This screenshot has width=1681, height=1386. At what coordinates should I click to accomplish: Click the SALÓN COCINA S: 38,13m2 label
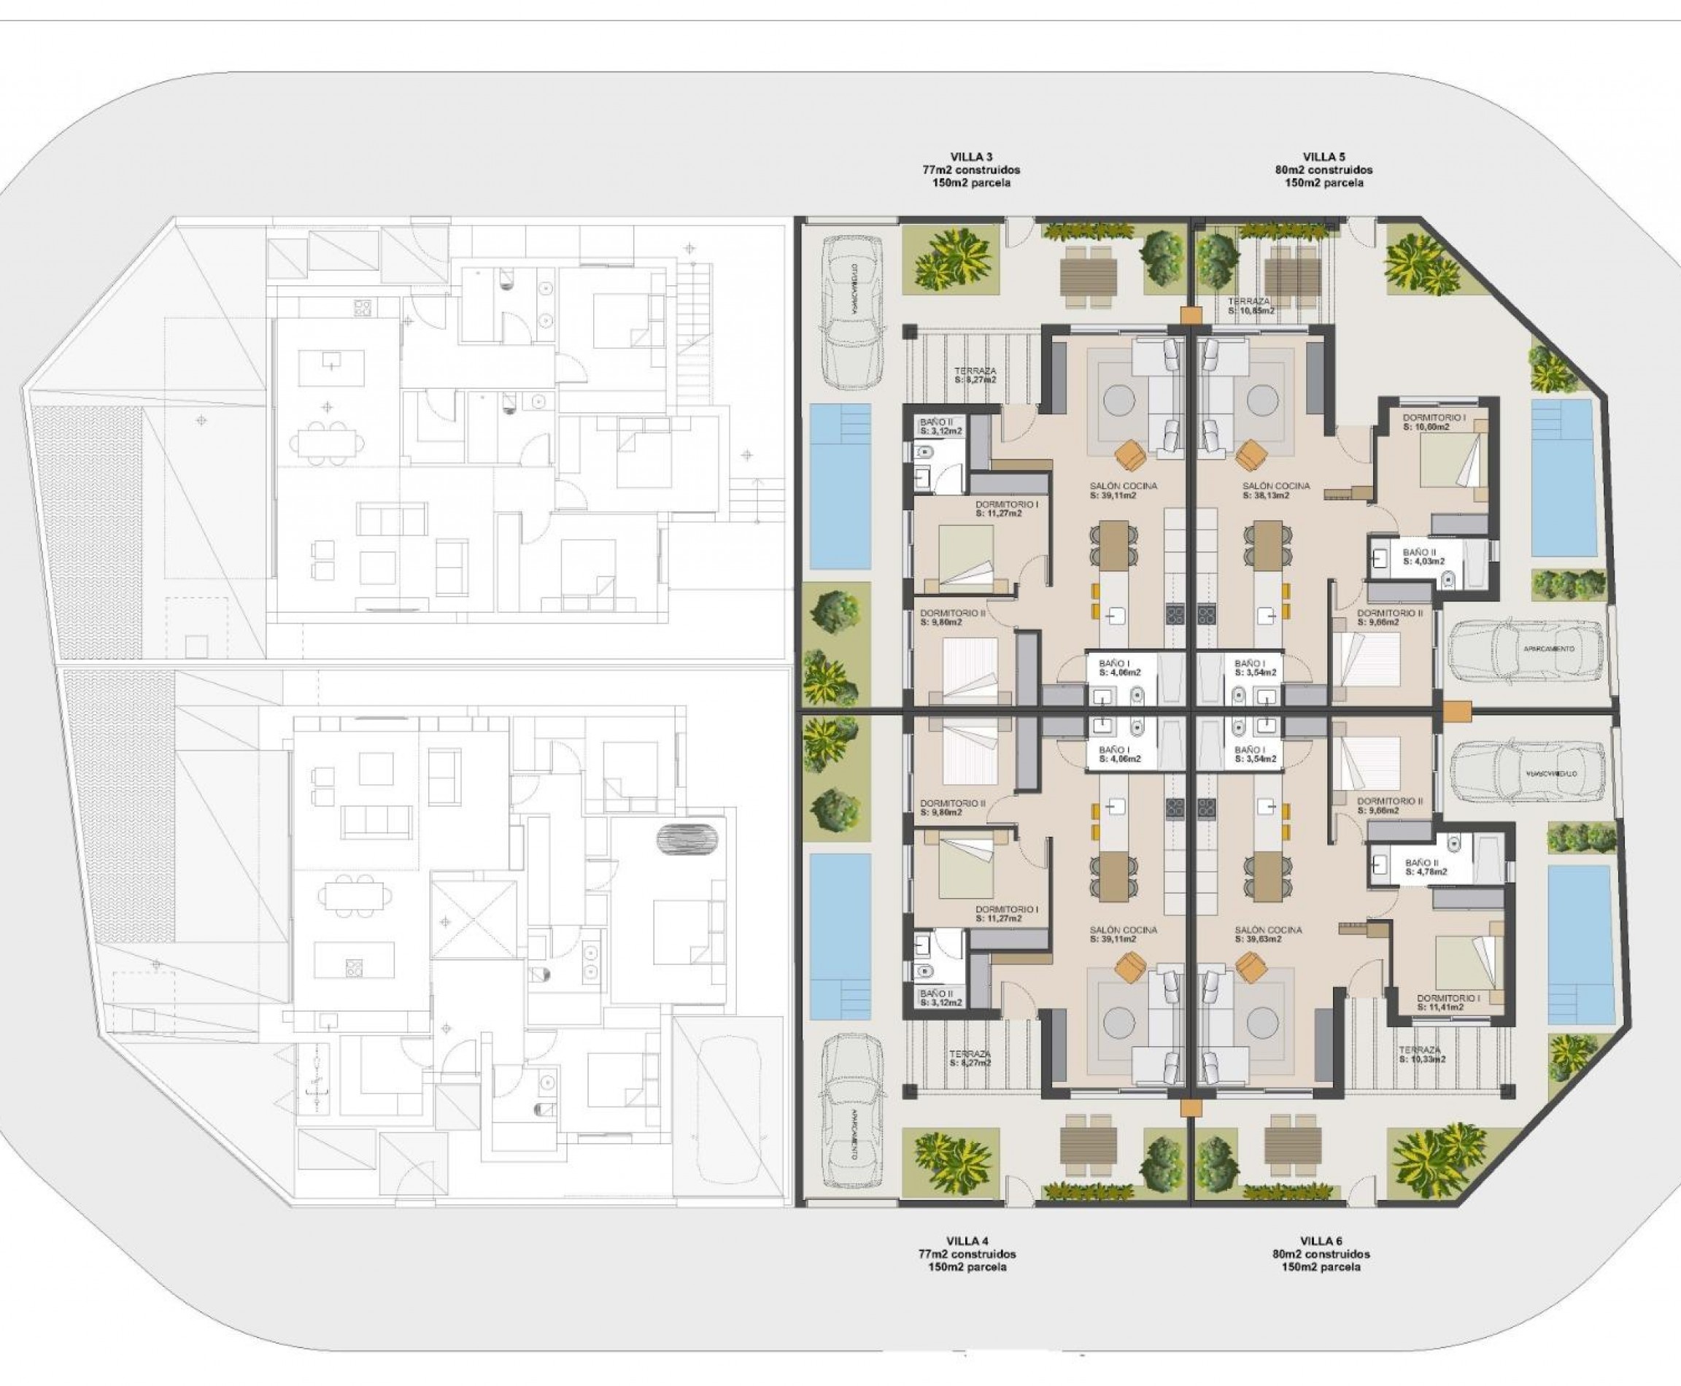click(x=1276, y=490)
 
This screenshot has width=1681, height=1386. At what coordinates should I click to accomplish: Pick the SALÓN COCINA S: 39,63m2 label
click(x=1268, y=934)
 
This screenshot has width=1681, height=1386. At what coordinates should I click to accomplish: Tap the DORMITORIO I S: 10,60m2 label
click(x=1434, y=422)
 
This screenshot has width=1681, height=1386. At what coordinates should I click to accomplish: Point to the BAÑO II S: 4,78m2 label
click(x=1426, y=867)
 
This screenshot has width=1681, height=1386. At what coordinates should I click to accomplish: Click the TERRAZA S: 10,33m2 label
click(x=1422, y=1055)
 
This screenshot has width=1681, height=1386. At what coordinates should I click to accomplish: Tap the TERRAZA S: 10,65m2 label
click(x=1251, y=306)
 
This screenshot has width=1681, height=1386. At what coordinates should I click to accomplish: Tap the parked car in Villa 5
click(x=1526, y=649)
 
